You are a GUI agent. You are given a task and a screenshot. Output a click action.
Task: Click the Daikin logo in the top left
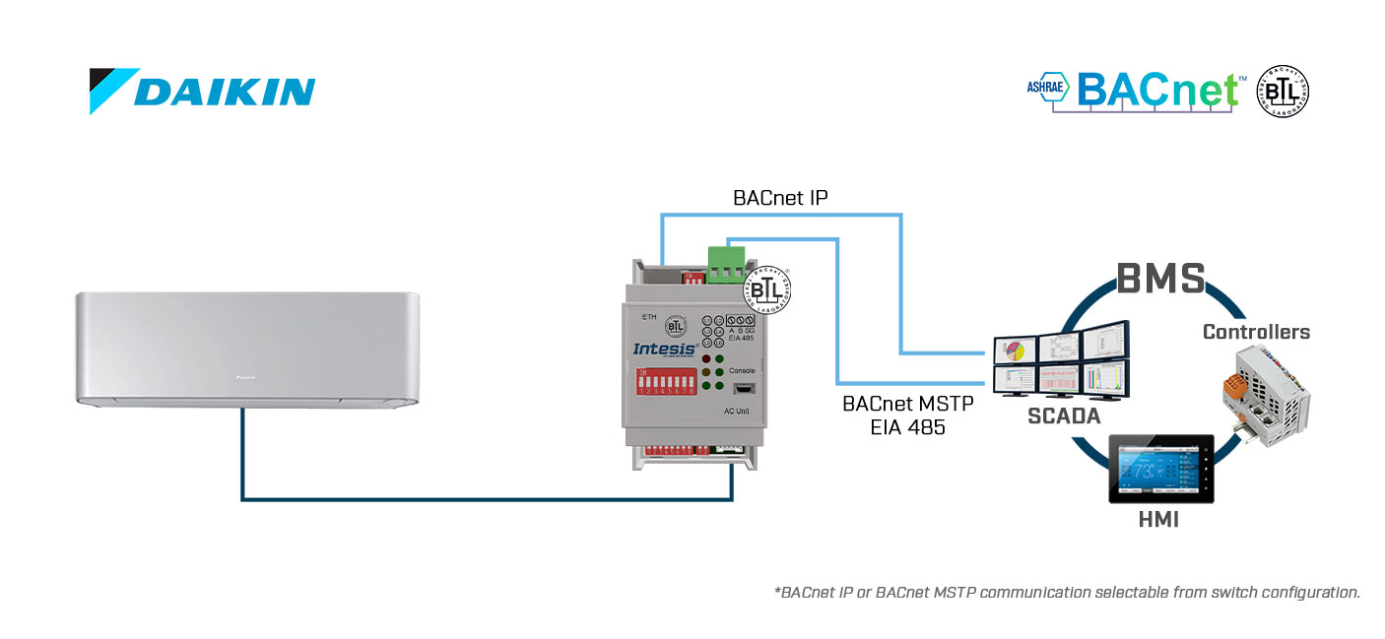pos(202,91)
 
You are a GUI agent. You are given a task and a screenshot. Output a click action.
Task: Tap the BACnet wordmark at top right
pos(1157,90)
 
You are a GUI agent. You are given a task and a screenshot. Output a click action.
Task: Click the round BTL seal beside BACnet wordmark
pos(1283,92)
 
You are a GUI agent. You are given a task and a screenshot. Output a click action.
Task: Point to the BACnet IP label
pos(780,197)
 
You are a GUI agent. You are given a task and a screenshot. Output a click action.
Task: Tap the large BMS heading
pos(1159,279)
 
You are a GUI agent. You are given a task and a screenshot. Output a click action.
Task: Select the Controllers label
pos(1256,332)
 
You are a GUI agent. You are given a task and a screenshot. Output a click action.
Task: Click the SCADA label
pos(1063,416)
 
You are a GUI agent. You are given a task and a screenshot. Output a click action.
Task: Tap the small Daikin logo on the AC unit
pos(245,376)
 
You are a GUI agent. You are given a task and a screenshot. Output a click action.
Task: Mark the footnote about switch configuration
pos(1067,593)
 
